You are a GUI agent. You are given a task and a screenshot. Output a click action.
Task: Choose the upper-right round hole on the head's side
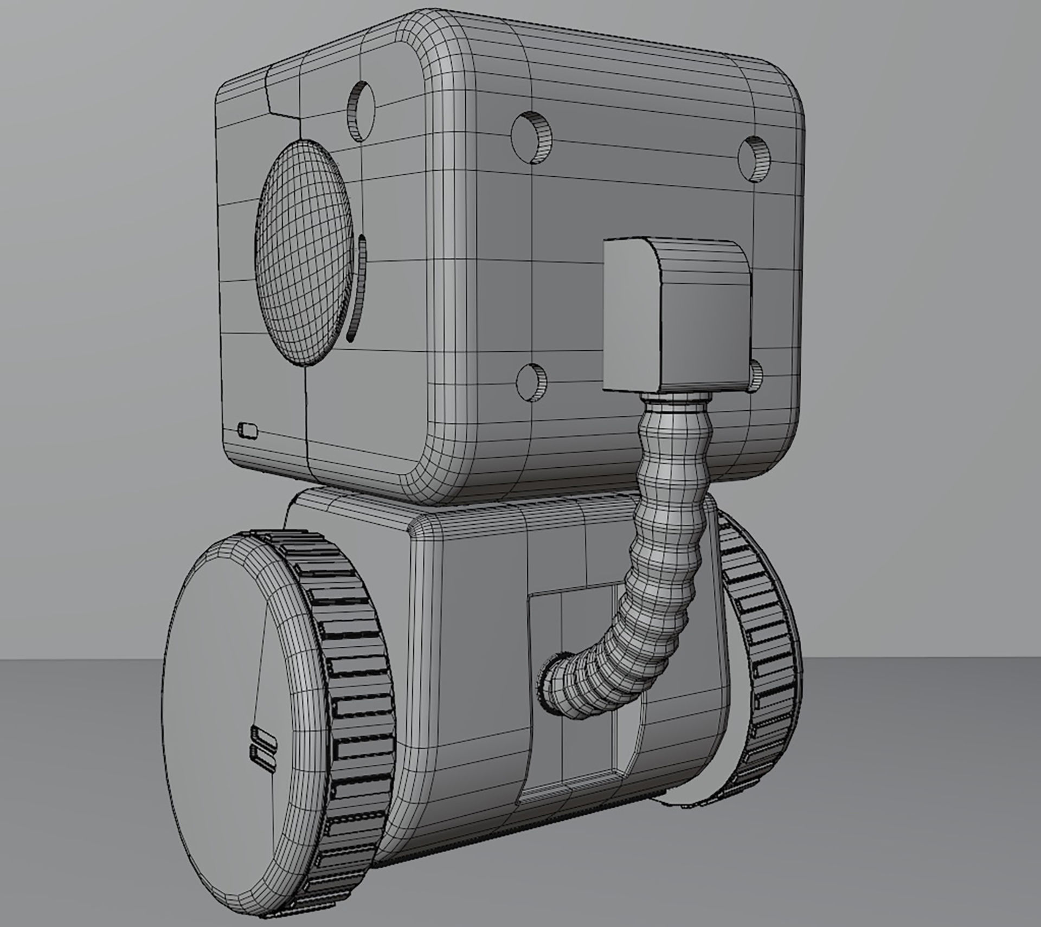click(756, 160)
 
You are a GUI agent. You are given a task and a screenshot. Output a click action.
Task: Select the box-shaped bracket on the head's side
click(678, 314)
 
